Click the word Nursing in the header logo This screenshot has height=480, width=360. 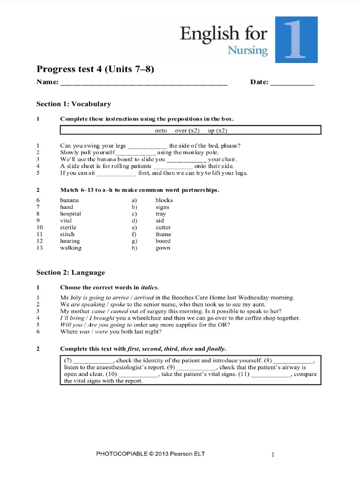click(x=247, y=50)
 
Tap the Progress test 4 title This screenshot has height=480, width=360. click(x=95, y=69)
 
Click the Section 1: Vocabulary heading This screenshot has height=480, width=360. click(x=74, y=104)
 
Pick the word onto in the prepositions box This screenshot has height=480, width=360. click(x=161, y=131)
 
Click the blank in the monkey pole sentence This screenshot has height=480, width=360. click(x=136, y=153)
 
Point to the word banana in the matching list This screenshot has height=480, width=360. click(x=69, y=200)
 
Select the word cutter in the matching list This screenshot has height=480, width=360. click(x=163, y=227)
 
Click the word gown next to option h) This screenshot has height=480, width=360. click(x=163, y=248)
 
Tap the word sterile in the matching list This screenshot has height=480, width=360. click(x=68, y=227)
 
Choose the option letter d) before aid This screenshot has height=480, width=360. click(x=135, y=220)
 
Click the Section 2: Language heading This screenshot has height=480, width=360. click(x=71, y=272)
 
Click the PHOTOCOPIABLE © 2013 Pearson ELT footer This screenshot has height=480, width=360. click(x=150, y=454)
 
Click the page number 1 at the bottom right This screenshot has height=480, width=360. click(x=273, y=454)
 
